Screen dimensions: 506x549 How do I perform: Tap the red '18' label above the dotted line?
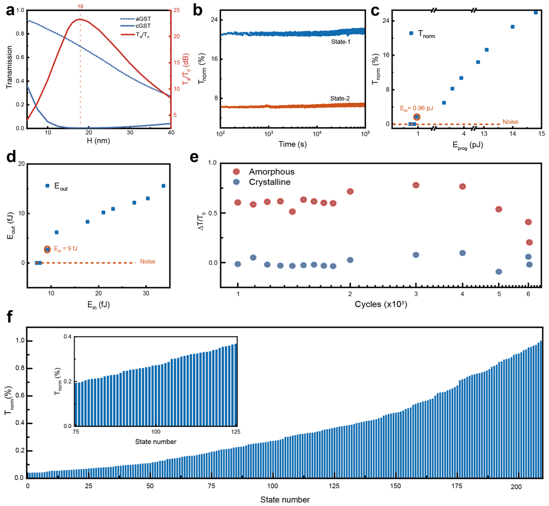[80, 6]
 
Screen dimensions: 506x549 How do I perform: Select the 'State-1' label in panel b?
[340, 42]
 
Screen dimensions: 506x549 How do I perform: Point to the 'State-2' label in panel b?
[340, 98]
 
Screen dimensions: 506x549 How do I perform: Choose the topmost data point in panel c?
[536, 13]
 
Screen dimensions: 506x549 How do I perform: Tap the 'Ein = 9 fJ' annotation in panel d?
[66, 248]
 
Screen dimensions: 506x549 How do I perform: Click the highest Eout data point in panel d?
[163, 186]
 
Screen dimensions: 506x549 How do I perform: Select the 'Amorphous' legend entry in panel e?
[271, 172]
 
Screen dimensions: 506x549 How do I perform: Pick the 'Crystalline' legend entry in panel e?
[269, 182]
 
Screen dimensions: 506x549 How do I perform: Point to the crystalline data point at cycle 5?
[499, 272]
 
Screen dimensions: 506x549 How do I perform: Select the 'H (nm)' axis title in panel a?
[98, 141]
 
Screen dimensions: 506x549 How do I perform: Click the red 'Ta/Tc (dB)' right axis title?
[186, 69]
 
